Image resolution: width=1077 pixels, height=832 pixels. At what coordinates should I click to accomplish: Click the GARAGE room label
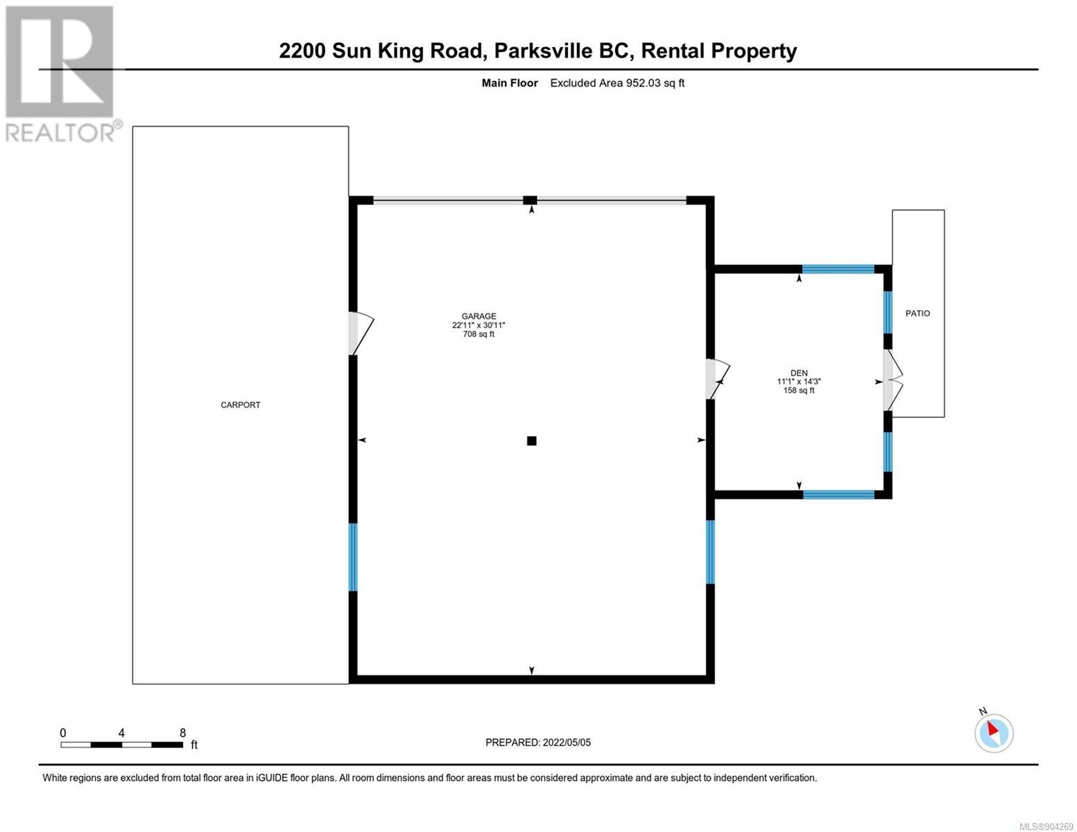(479, 316)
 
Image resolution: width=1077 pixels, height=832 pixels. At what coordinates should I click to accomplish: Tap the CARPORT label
(241, 405)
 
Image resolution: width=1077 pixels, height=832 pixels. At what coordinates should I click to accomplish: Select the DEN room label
(798, 373)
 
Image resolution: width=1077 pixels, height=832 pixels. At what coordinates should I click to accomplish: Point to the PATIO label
(917, 313)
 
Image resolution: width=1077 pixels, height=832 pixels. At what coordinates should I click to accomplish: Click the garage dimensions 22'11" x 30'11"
(479, 325)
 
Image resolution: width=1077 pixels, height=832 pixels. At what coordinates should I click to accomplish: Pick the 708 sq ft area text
(479, 334)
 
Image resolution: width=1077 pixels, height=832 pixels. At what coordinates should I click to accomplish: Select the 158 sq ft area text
(798, 390)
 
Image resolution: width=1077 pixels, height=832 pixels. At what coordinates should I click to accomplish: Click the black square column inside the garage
(531, 440)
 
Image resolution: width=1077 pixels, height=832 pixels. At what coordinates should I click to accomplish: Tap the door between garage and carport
(361, 333)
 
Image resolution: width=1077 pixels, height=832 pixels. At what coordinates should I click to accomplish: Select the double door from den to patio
(893, 380)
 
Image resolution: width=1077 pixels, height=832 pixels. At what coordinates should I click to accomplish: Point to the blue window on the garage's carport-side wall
(353, 557)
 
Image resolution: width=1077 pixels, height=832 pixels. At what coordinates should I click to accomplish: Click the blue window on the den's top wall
(838, 269)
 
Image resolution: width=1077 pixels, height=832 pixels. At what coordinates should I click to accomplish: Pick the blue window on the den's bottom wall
(838, 494)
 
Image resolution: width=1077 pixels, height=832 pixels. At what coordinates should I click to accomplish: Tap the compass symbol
(993, 732)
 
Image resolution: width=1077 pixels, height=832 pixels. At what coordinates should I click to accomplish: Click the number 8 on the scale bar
(182, 732)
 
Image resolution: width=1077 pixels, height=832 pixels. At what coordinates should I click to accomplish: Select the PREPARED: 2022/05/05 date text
(537, 743)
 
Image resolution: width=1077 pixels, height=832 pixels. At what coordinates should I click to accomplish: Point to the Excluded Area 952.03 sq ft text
(617, 83)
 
